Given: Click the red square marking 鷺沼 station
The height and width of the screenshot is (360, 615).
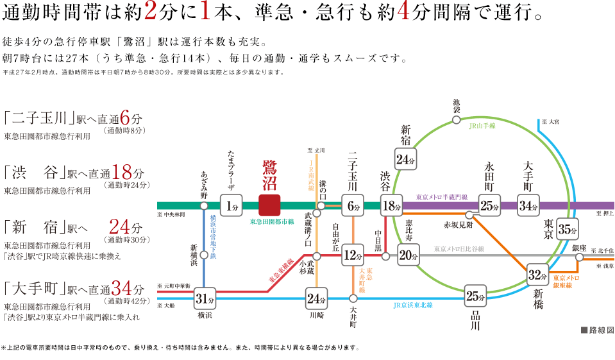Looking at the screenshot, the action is coord(269,205).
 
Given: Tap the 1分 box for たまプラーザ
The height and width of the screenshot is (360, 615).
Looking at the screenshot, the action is coord(232,205).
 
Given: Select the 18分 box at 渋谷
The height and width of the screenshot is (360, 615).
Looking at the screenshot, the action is coord(391,205).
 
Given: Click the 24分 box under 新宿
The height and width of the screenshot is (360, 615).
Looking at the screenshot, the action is coord(405,159).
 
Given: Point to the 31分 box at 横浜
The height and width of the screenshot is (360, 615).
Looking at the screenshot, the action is coord(205,298).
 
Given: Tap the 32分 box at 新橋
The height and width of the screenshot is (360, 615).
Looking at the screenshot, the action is coord(537,275).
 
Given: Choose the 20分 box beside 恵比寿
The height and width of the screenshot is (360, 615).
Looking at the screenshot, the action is coord(409,255).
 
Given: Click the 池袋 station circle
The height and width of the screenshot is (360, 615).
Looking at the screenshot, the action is coord(456,119).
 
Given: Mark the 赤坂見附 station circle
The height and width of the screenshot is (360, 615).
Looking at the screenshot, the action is coord(469,215).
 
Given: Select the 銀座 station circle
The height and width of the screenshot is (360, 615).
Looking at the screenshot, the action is coord(579,257).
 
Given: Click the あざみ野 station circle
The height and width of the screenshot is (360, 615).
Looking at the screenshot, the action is coord(204,206).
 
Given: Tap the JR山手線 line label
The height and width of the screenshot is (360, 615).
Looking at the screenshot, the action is coord(482,126).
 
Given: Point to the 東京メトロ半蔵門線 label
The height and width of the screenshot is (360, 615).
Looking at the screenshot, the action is coord(442,197).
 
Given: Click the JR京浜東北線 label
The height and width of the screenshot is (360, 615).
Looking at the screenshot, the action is coord(413,305).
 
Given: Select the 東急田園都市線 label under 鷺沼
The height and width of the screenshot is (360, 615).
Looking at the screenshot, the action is coord(272,222).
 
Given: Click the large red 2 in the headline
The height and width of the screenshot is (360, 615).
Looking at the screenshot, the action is coord(150,12).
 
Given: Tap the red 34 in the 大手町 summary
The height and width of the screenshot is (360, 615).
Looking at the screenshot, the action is coord(122,288).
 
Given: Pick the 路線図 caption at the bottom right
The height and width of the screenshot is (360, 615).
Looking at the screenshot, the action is coord(597,330).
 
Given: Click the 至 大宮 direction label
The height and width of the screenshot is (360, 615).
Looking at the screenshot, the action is coord(550,122).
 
